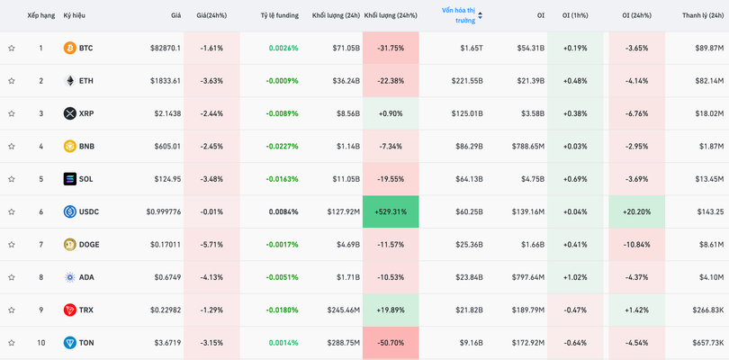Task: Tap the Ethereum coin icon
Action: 70,81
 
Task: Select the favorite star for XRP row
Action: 12,113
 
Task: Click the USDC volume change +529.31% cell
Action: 391,211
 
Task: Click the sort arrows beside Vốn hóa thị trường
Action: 480,15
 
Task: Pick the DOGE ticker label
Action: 89,245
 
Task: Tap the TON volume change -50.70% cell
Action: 391,343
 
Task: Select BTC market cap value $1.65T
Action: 471,48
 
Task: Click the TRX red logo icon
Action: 70,310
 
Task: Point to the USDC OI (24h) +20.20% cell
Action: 636,211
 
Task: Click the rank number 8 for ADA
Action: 40,277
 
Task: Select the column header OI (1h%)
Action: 574,15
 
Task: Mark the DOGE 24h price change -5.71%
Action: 211,245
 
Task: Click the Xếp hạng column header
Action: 40,15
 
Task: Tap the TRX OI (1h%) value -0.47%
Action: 574,310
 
